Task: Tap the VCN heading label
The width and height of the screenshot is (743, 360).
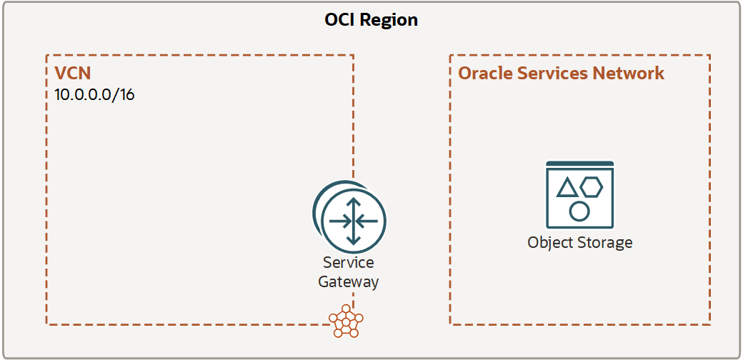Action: [x=72, y=74]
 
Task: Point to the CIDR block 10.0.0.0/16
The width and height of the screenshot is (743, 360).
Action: [x=94, y=95]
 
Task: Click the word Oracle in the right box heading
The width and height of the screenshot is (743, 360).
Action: [x=482, y=74]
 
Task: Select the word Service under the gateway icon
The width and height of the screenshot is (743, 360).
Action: [x=348, y=263]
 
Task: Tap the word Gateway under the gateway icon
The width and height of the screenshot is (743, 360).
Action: [x=348, y=281]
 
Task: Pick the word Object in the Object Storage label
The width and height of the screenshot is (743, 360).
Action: [x=550, y=243]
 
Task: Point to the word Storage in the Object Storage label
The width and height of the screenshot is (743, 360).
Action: [x=604, y=243]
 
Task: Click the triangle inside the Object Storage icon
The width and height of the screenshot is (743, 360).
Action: [x=567, y=188]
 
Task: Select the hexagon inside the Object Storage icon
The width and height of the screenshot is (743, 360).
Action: [x=592, y=187]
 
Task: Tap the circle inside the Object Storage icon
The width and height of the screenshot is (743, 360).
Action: [x=579, y=211]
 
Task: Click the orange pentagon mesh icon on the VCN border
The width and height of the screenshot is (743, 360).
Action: [x=346, y=324]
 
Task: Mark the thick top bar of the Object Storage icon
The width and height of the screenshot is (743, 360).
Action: [x=579, y=164]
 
